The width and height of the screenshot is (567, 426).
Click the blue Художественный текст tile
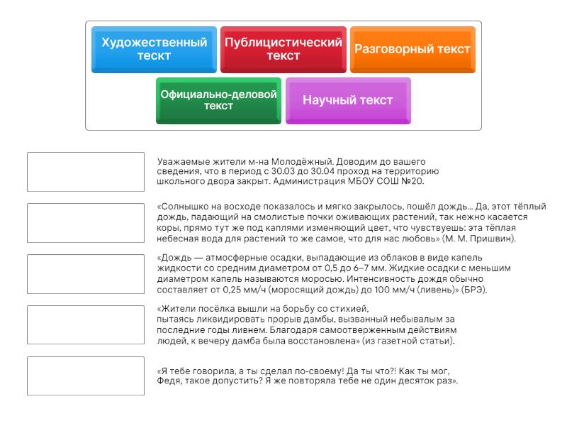pyautogui.click(x=154, y=49)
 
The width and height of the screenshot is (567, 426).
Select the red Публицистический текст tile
pyautogui.click(x=283, y=49)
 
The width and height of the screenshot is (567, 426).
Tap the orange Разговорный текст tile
pyautogui.click(x=412, y=49)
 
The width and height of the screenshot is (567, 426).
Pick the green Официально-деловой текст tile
pyautogui.click(x=218, y=100)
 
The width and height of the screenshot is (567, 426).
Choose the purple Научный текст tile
pyautogui.click(x=348, y=100)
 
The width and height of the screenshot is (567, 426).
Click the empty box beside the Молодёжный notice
pyautogui.click(x=86, y=172)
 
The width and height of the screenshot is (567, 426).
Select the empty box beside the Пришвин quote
pyautogui.click(x=86, y=223)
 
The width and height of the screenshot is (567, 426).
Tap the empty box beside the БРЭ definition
pyautogui.click(x=86, y=274)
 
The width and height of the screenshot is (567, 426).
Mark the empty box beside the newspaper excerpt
pyautogui.click(x=86, y=325)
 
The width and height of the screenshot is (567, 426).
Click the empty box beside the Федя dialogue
pyautogui.click(x=86, y=376)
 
